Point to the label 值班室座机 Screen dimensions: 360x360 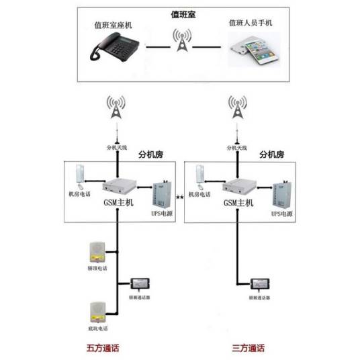(x=115, y=26)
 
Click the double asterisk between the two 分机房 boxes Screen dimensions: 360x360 (x=180, y=197)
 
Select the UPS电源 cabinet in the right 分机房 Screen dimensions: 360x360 (x=282, y=194)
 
